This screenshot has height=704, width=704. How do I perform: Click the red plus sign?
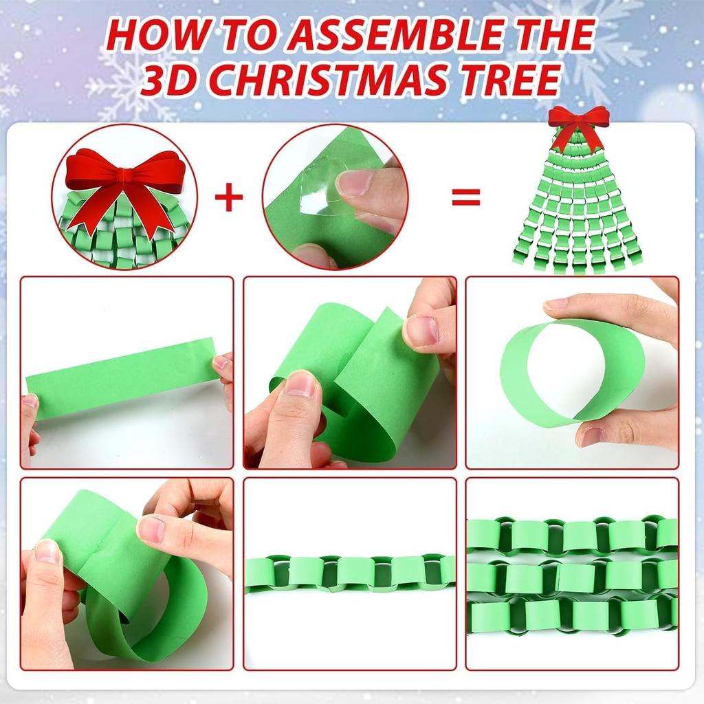229,197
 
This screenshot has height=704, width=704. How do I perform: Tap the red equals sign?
465,197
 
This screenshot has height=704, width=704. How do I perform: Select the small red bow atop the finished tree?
578,122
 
